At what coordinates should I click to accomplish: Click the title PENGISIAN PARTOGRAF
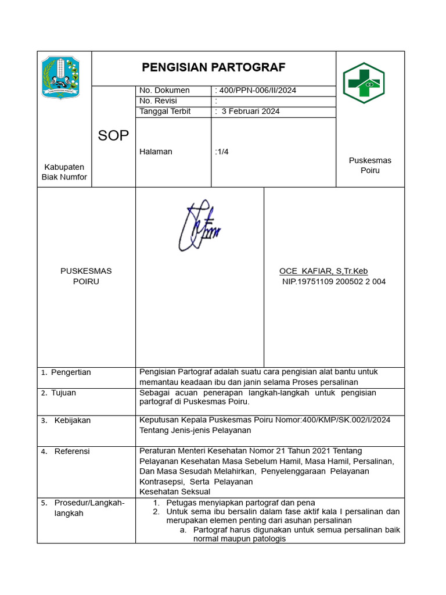[213, 67]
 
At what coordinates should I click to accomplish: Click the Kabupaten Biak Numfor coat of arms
[62, 77]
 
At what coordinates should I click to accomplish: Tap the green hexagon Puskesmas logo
[363, 83]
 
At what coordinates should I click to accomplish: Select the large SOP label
[113, 135]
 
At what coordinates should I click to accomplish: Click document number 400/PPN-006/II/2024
[256, 90]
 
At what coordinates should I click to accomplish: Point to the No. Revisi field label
[158, 101]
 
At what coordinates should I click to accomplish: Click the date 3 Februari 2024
[250, 111]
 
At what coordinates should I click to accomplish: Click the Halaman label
[156, 152]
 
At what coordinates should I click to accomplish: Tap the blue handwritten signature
[198, 227]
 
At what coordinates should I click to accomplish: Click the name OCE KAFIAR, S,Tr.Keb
[323, 271]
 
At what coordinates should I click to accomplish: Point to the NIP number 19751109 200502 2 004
[333, 282]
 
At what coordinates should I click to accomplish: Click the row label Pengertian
[71, 372]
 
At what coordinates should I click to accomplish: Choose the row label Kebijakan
[73, 421]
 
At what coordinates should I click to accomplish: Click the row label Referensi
[72, 451]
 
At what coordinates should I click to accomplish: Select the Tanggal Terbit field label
[165, 111]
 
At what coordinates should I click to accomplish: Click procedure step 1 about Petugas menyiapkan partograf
[240, 502]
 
